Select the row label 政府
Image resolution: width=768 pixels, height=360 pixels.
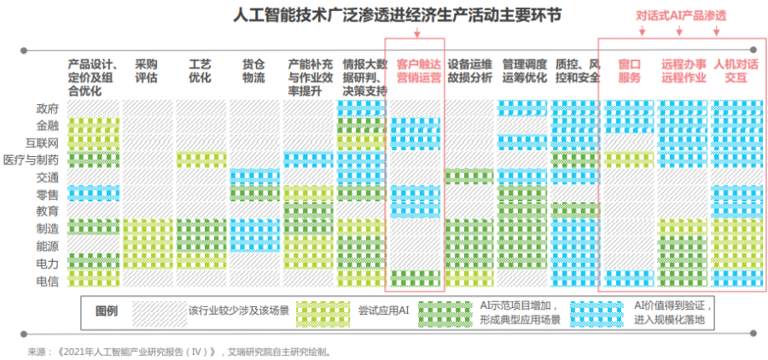click(x=47, y=108)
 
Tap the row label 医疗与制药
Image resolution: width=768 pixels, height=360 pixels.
click(x=32, y=160)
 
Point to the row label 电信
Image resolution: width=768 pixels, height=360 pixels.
click(x=47, y=280)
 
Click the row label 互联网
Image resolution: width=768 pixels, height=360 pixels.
click(x=42, y=142)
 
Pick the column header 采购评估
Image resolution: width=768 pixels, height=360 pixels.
click(x=146, y=71)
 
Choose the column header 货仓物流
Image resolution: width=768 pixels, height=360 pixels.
click(x=253, y=71)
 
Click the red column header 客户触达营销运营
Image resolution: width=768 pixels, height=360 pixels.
click(x=418, y=71)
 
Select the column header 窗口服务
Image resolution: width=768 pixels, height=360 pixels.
click(x=629, y=71)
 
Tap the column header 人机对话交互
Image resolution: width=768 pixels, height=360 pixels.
click(x=736, y=71)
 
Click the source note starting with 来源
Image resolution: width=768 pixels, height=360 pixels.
click(x=179, y=351)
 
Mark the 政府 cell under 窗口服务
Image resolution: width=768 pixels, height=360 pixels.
click(x=629, y=108)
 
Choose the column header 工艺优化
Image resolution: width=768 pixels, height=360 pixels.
click(x=200, y=71)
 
